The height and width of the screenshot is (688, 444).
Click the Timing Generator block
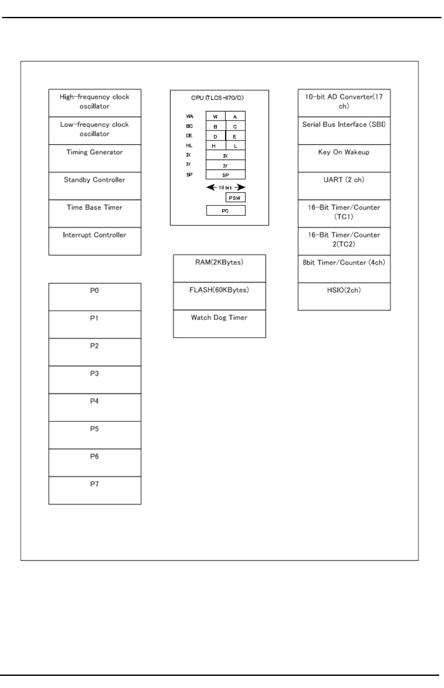(95, 158)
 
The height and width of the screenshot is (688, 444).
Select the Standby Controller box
(95, 186)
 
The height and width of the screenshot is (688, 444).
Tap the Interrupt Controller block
(95, 241)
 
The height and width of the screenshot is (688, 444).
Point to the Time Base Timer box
(95, 213)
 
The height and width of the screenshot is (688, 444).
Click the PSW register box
(236, 198)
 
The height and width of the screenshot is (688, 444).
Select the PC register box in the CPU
(226, 211)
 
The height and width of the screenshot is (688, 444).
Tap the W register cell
(216, 117)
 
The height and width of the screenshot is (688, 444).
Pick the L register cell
(236, 146)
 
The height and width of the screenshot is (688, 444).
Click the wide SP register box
(226, 175)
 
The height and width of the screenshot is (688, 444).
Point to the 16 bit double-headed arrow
(226, 187)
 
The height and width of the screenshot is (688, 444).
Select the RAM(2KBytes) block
(219, 268)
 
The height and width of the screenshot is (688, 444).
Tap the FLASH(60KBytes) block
(219, 296)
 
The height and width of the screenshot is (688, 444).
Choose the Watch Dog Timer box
(219, 323)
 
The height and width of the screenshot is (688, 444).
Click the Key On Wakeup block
(344, 158)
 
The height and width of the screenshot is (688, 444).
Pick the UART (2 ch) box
(344, 186)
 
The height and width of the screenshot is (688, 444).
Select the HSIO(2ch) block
(344, 297)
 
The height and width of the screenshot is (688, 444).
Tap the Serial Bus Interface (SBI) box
(344, 130)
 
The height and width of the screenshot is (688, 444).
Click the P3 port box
(95, 380)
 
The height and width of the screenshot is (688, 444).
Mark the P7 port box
(95, 490)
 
